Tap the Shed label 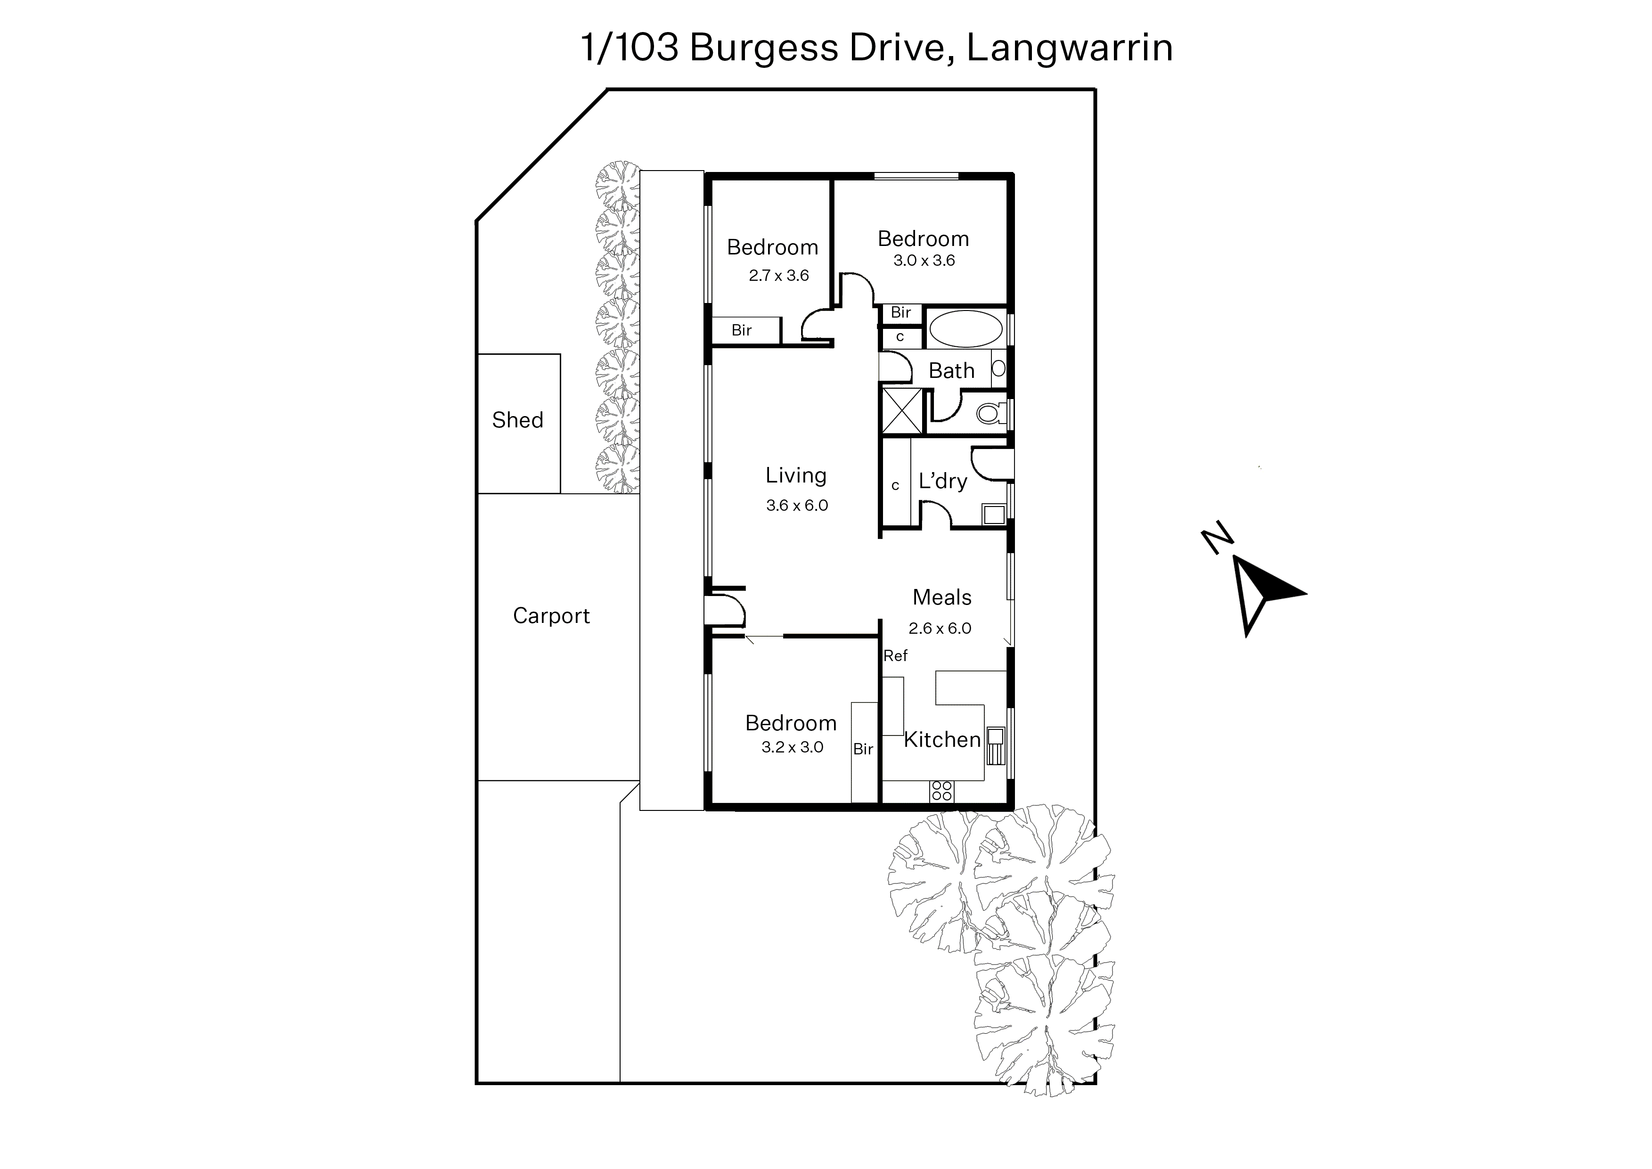click(517, 420)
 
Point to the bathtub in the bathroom click(965, 330)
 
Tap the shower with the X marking click(902, 410)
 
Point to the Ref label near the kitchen click(895, 656)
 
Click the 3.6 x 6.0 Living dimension click(797, 505)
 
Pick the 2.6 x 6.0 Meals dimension click(940, 629)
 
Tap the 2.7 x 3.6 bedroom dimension click(779, 276)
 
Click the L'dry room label click(943, 481)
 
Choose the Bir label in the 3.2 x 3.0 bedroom click(863, 749)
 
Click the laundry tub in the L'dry click(994, 514)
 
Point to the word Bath click(952, 371)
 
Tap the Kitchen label click(942, 739)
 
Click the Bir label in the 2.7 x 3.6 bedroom click(741, 330)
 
